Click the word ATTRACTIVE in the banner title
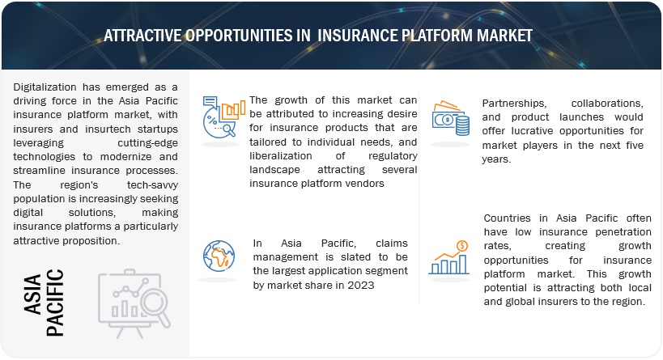pyautogui.click(x=143, y=36)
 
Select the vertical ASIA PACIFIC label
pyautogui.click(x=44, y=302)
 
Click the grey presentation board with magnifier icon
pyautogui.click(x=134, y=303)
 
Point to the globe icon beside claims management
pyautogui.click(x=219, y=256)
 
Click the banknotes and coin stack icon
pyautogui.click(x=451, y=118)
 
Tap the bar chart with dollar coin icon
pyautogui.click(x=449, y=257)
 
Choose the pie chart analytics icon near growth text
pyautogui.click(x=223, y=117)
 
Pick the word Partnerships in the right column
pyautogui.click(x=514, y=104)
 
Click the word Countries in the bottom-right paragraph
pyautogui.click(x=507, y=218)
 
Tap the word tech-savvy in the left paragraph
pyautogui.click(x=152, y=185)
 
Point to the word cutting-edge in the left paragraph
pyautogui.click(x=147, y=143)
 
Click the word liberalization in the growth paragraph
pyautogui.click(x=281, y=156)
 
